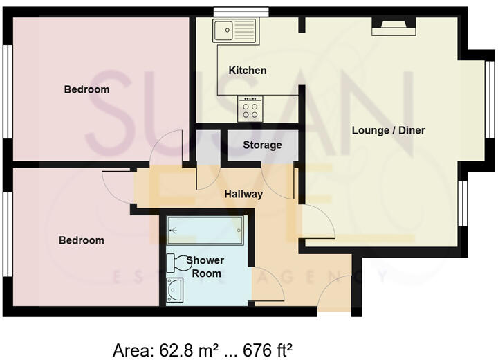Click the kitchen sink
pos(234,31)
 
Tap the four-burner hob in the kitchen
pos(250,109)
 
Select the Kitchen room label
pos(248,71)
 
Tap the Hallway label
pos(243,194)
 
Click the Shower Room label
pos(207,267)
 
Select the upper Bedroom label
pos(86,89)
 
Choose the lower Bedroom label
pos(81,240)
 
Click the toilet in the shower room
pos(178,263)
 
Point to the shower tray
pos(205,228)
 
